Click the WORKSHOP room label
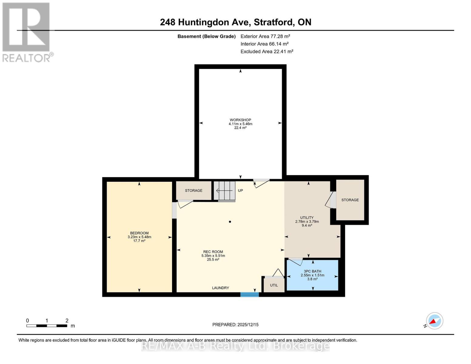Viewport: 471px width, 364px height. click(x=240, y=120)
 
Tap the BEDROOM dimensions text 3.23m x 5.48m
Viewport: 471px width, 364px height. click(x=139, y=237)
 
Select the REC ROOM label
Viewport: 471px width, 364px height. click(x=213, y=252)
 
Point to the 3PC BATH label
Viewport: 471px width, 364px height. click(x=312, y=271)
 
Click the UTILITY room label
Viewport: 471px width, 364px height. click(x=307, y=218)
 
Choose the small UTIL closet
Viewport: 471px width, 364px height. click(x=274, y=285)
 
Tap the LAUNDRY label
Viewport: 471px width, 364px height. click(x=220, y=288)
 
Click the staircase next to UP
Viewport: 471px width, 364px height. click(x=224, y=190)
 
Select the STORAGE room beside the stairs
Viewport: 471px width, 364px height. click(x=193, y=190)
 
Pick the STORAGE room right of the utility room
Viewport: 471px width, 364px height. click(x=350, y=200)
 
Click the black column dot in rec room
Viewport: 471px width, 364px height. click(x=230, y=222)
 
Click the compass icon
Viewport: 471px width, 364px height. click(x=434, y=321)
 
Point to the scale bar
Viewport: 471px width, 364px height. click(x=47, y=326)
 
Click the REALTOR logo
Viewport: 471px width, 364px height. click(x=26, y=32)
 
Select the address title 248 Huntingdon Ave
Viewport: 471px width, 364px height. click(x=235, y=22)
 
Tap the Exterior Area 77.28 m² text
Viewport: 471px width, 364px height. click(x=265, y=36)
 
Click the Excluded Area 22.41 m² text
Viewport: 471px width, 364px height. click(x=267, y=52)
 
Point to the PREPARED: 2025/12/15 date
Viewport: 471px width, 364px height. click(x=235, y=325)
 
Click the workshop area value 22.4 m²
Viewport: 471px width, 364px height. click(x=240, y=128)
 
